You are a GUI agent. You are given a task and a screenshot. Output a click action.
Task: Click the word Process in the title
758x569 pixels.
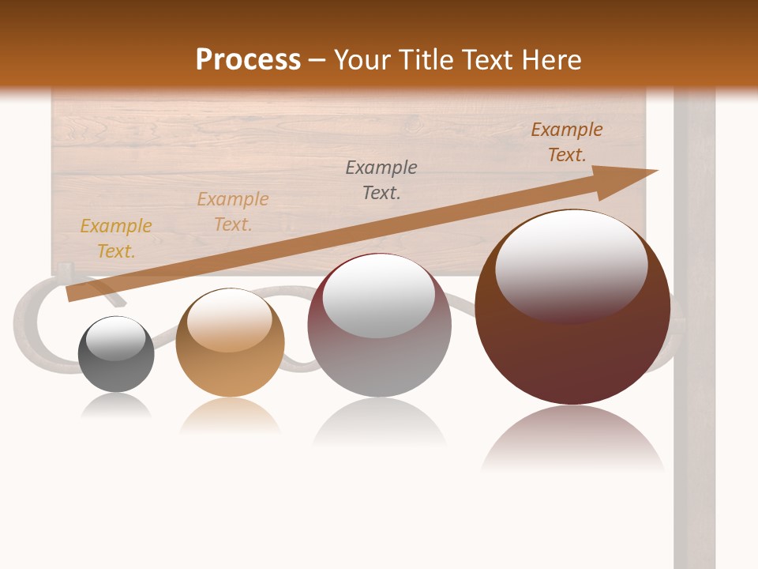pyautogui.click(x=248, y=60)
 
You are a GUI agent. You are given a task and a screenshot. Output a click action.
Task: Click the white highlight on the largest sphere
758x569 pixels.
pyautogui.click(x=571, y=265)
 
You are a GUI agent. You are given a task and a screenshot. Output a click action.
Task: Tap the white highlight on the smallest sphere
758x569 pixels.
pyautogui.click(x=116, y=338)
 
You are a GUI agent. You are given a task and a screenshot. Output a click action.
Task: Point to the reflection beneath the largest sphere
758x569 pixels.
pyautogui.click(x=572, y=439)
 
